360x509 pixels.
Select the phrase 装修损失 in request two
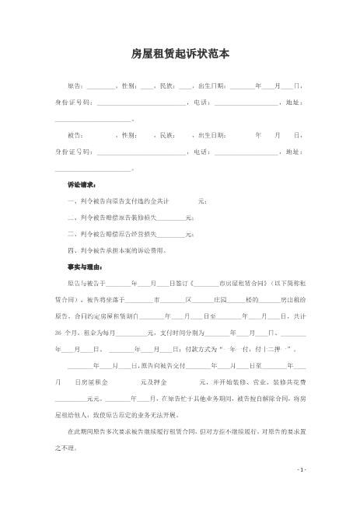[x=145, y=218]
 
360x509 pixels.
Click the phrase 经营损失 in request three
[x=145, y=234]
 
